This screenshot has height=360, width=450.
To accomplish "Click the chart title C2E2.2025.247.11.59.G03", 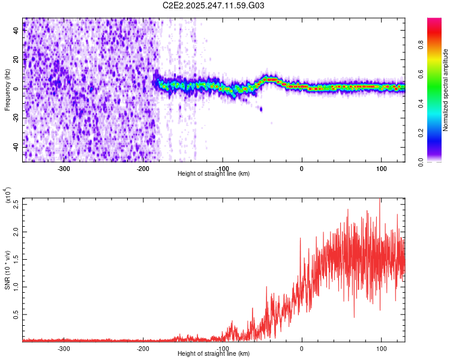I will point(214,5).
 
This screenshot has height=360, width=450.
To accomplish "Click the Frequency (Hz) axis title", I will point(7,90).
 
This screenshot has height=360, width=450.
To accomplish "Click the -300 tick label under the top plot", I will point(64,168).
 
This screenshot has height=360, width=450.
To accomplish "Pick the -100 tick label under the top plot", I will point(222,168).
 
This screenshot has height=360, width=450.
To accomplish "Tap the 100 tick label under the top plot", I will point(381,168).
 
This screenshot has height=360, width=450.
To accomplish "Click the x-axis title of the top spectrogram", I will point(214,174).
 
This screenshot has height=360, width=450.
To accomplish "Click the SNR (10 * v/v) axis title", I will point(7,270).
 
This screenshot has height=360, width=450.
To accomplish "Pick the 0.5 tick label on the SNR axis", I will point(16,314).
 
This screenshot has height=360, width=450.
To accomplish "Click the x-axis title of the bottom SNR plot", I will point(214,354).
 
